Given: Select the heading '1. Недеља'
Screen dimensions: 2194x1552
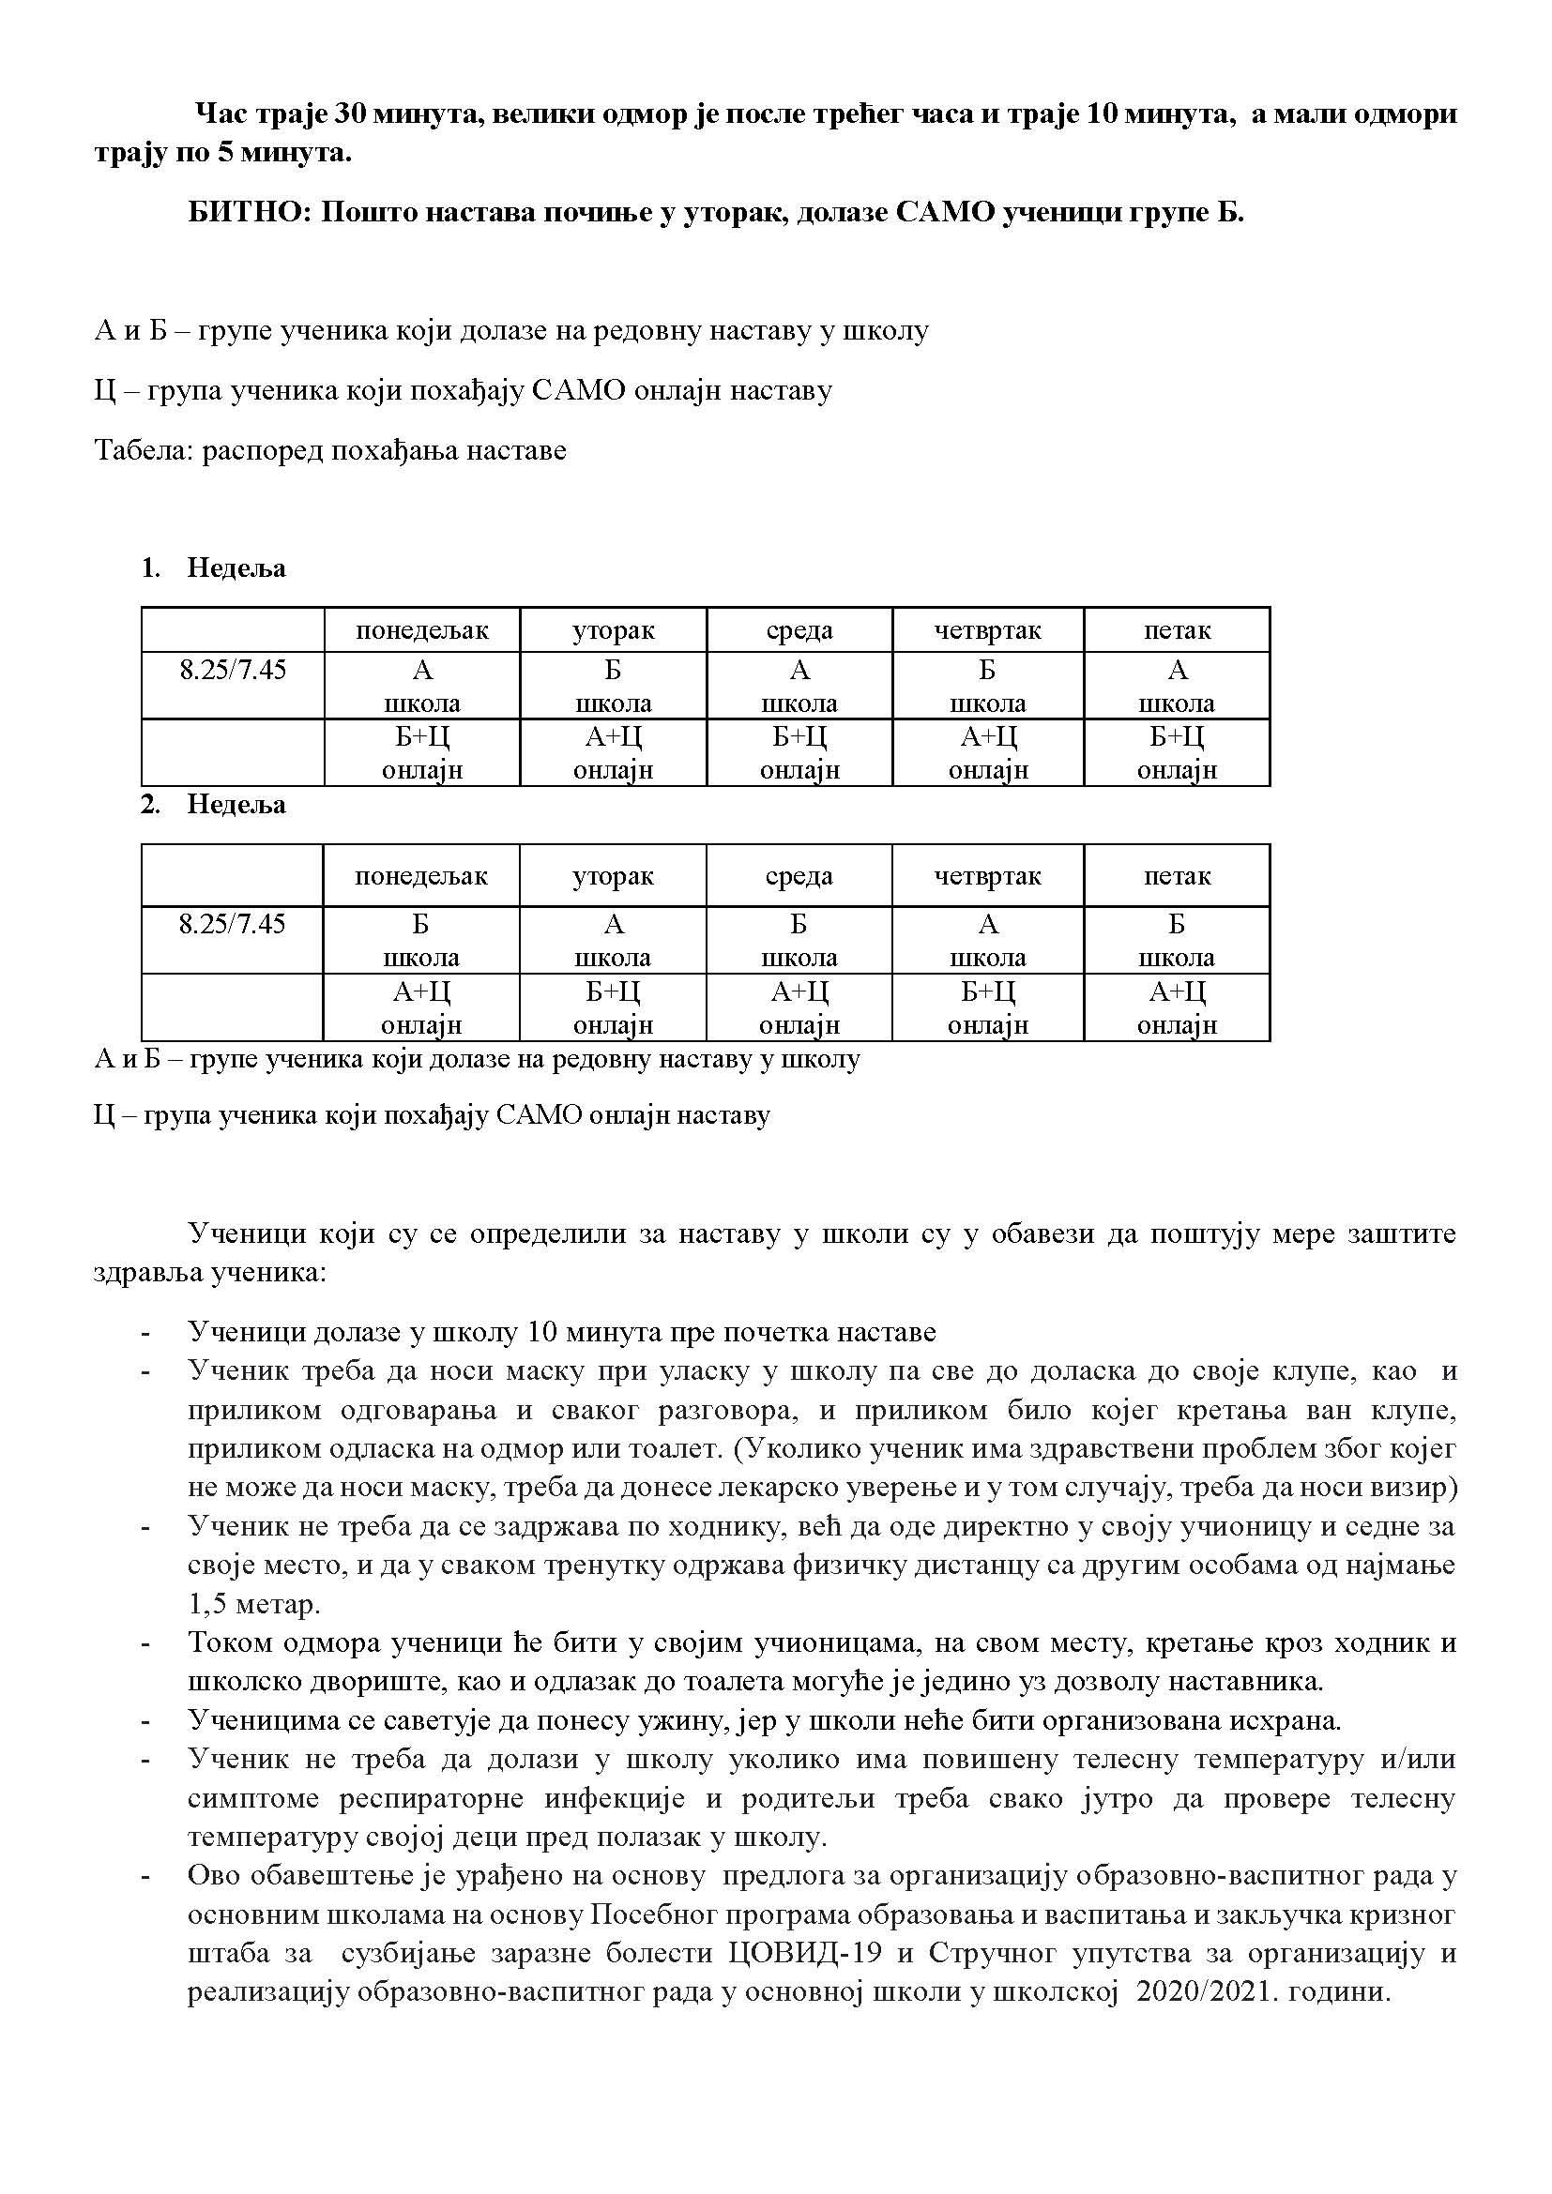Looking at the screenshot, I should pyautogui.click(x=214, y=568).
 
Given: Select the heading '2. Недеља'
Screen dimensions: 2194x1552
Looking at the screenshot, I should pyautogui.click(x=214, y=805).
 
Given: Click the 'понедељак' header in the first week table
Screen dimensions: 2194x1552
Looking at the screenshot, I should pyautogui.click(x=421, y=630).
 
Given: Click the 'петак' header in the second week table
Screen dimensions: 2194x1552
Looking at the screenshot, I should pyautogui.click(x=1177, y=876).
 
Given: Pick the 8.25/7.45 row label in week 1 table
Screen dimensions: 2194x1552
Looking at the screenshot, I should pyautogui.click(x=232, y=669).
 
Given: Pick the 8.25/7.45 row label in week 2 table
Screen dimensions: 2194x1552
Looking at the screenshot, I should pyautogui.click(x=232, y=924).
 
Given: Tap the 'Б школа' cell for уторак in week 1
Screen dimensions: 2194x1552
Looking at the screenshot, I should pyautogui.click(x=613, y=686).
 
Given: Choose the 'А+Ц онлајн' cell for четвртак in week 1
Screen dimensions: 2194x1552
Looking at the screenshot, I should pyautogui.click(x=988, y=753).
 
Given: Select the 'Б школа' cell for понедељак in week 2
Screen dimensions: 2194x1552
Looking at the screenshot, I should pyautogui.click(x=421, y=940).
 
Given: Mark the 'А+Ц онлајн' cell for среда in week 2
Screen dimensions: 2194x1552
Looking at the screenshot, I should pyautogui.click(x=799, y=1008).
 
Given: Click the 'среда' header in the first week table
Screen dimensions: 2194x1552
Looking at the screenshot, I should pyautogui.click(x=799, y=630).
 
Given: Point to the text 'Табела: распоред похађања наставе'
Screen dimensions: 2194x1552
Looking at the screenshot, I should pyautogui.click(x=329, y=450).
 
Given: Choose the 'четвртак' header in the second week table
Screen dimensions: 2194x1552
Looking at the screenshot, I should pyautogui.click(x=988, y=876).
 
